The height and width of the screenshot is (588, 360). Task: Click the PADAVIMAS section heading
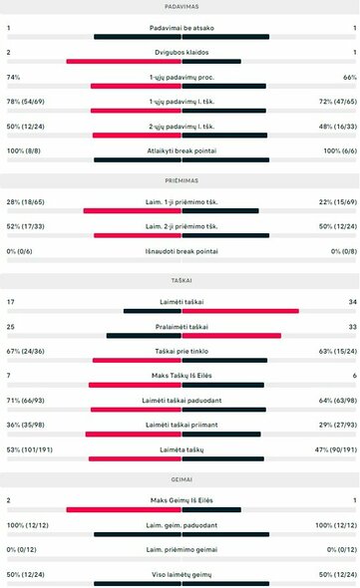point(180,6)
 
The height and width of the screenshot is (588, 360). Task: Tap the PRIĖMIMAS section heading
point(180,182)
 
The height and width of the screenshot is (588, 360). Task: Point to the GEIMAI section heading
point(180,479)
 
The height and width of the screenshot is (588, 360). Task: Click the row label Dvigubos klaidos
point(180,52)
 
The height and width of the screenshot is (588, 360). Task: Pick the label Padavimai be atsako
point(180,28)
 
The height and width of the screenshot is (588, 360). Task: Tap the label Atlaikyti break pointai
point(180,151)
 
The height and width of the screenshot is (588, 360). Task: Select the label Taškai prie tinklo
point(180,352)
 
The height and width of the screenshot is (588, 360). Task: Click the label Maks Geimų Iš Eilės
point(180,500)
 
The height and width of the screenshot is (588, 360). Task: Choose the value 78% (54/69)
point(25,102)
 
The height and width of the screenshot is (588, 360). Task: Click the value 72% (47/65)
point(334,102)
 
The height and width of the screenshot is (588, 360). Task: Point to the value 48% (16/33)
point(334,127)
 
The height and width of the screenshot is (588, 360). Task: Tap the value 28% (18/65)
point(25,202)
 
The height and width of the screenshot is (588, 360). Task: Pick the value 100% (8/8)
point(22,151)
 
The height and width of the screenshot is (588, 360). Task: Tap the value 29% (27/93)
point(334,426)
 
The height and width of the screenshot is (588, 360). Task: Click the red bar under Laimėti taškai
point(239,311)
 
